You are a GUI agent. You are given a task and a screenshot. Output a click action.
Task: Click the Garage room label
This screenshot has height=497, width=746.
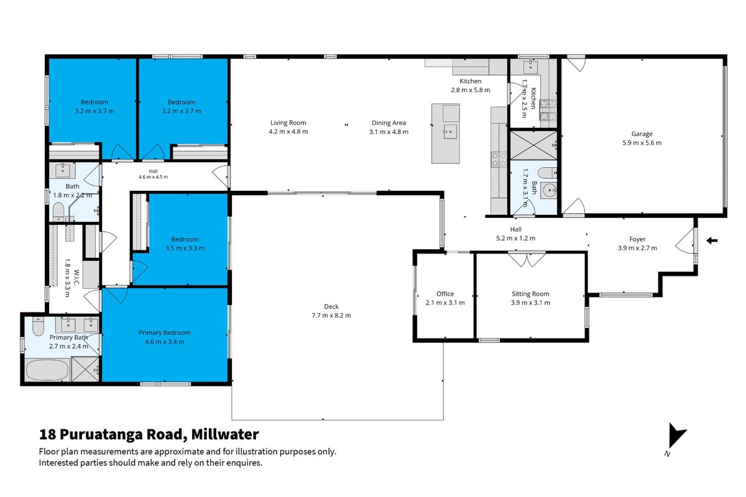click(x=642, y=134)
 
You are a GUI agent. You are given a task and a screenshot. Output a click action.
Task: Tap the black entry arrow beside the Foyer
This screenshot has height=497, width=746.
click(x=712, y=240)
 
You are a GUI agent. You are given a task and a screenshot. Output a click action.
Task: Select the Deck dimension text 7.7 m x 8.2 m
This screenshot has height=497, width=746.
click(x=331, y=315)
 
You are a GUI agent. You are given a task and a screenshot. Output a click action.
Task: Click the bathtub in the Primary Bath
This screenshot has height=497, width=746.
click(x=47, y=370)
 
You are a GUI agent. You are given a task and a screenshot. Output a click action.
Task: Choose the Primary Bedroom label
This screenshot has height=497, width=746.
click(x=165, y=332)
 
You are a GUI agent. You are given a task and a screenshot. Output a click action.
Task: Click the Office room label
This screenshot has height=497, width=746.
click(x=445, y=294)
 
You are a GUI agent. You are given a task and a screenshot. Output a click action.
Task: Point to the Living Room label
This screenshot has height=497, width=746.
click(x=288, y=122)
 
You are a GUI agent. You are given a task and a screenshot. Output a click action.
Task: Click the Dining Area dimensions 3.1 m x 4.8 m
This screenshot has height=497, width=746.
click(x=389, y=132)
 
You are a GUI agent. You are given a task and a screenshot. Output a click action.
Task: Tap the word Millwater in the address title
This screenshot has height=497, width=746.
click(x=225, y=434)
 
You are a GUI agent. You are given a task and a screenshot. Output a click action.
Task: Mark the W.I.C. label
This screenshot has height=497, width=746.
click(x=76, y=278)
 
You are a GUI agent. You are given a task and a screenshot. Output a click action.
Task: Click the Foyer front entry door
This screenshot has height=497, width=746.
click(x=686, y=240)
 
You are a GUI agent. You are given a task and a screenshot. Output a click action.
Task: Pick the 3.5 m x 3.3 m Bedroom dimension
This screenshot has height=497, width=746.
click(x=185, y=248)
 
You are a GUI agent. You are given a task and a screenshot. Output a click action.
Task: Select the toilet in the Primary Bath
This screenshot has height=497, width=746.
click(x=38, y=326)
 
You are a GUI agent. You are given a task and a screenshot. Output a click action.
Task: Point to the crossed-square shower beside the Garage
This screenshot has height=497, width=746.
click(x=533, y=145)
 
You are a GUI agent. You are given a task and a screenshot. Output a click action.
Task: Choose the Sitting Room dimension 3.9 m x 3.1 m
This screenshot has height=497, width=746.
click(x=530, y=303)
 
